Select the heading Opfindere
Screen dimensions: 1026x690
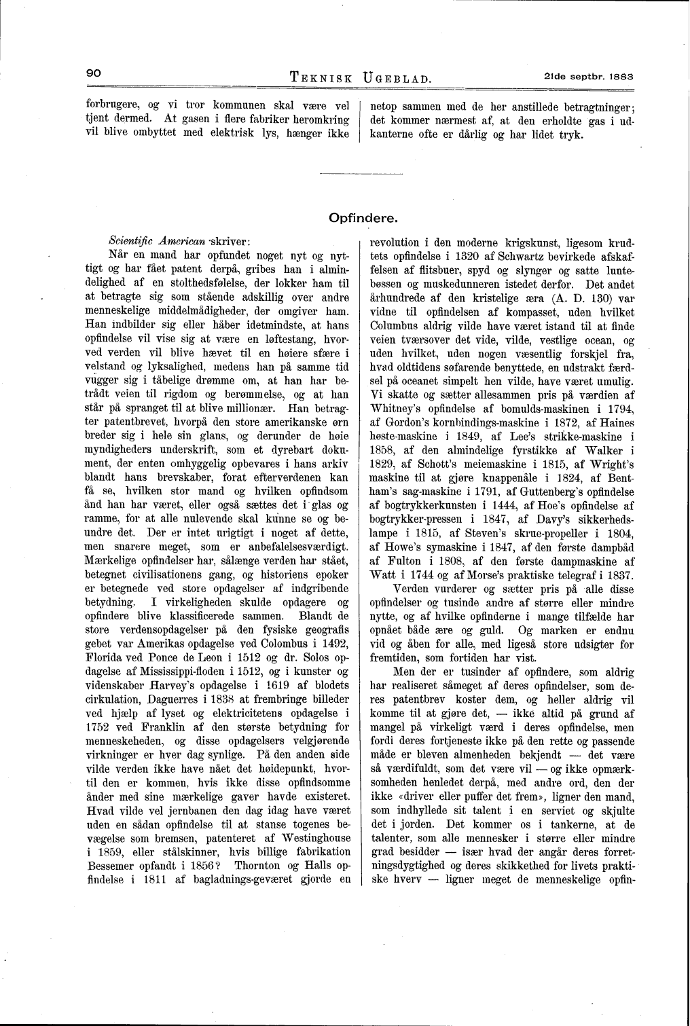pos(363,218)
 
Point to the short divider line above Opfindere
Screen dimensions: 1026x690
pos(346,177)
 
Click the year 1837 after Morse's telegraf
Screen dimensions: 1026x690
pos(621,575)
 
